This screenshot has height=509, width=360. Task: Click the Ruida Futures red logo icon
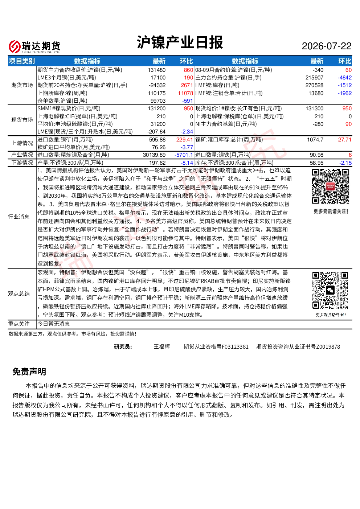[15, 46]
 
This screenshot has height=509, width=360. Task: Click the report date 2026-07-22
[326, 46]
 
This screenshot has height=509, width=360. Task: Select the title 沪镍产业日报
[180, 42]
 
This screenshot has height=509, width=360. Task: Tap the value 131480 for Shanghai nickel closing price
[156, 70]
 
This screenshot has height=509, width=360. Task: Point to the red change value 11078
[185, 93]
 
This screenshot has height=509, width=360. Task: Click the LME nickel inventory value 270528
[314, 85]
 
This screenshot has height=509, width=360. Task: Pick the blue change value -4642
[344, 78]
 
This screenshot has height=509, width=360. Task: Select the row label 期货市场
[22, 85]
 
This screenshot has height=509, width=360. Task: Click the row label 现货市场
[22, 120]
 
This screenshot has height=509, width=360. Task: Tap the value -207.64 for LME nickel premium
[156, 132]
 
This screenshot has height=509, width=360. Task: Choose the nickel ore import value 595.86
[157, 140]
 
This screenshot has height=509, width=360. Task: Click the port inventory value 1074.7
[315, 140]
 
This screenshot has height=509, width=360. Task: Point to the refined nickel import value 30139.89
[154, 155]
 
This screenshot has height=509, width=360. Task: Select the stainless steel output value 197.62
[157, 163]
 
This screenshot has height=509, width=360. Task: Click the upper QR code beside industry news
[330, 186]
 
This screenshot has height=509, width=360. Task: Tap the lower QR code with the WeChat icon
[330, 290]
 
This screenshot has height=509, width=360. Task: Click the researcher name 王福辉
[162, 347]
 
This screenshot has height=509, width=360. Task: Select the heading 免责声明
[29, 372]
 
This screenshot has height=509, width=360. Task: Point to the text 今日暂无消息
[53, 324]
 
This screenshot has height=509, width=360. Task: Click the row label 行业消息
[19, 217]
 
